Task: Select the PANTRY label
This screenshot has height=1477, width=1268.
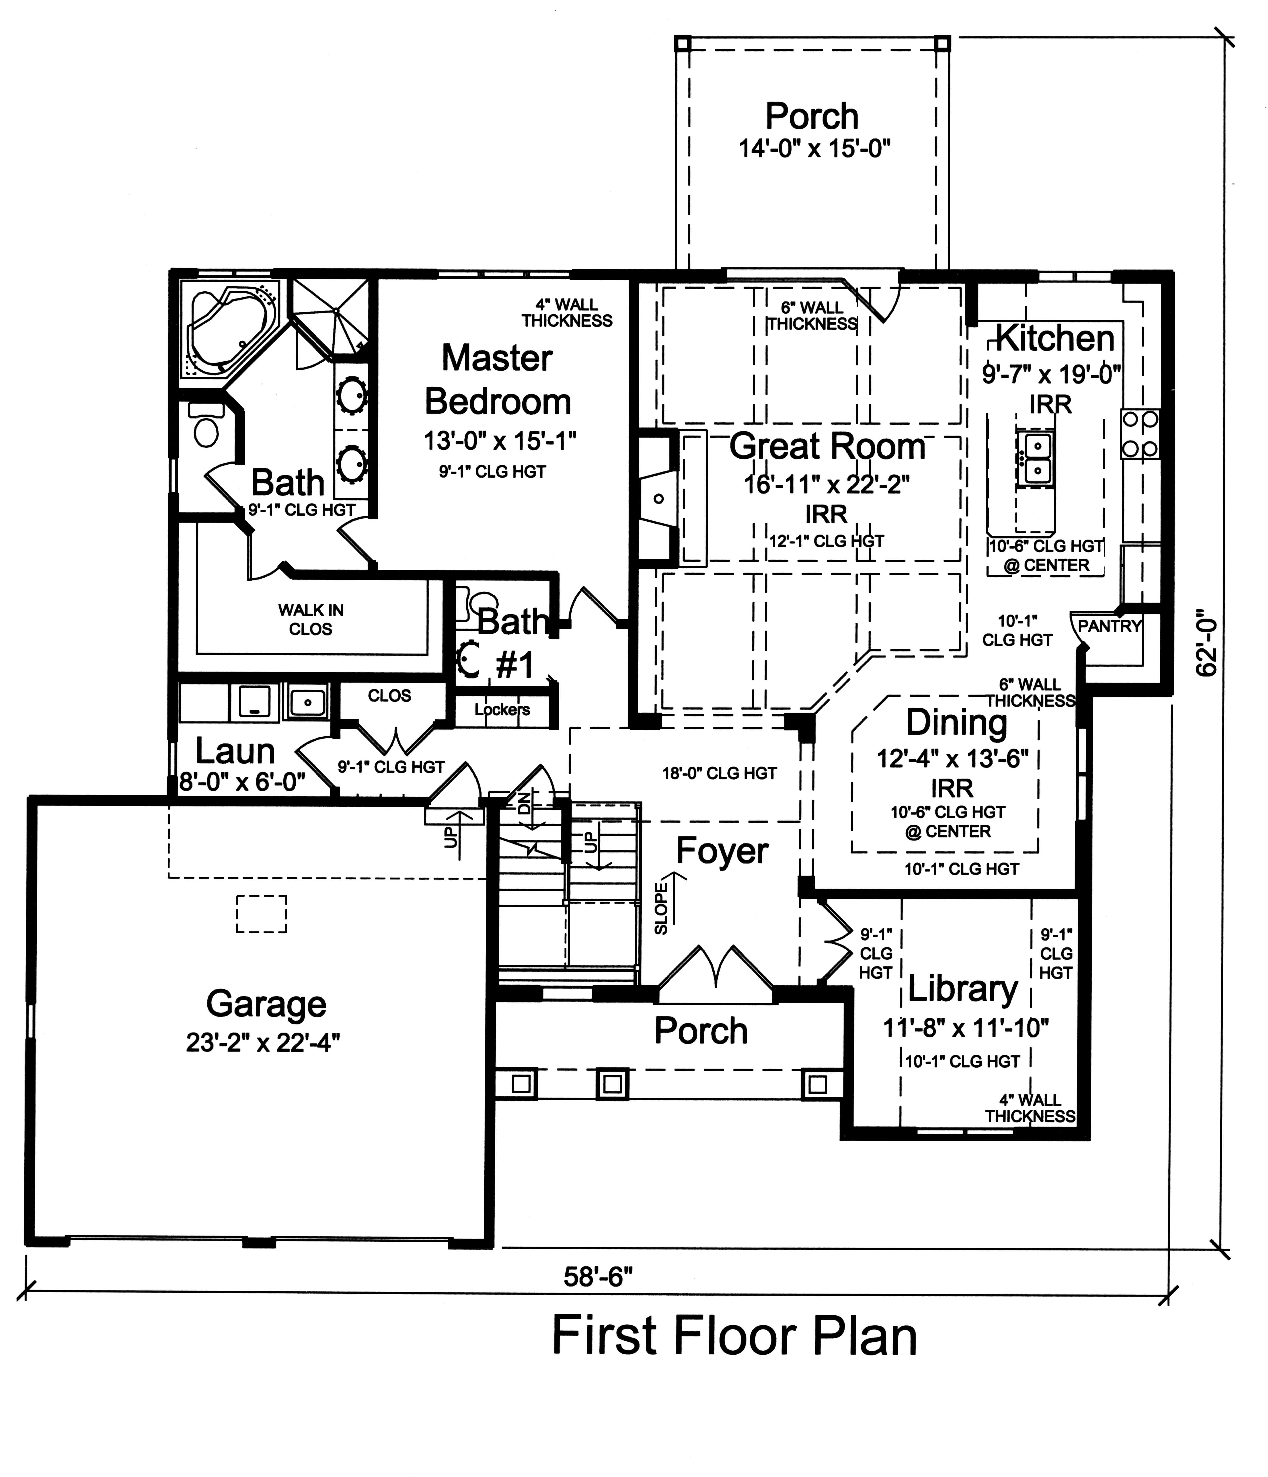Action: [1109, 626]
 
